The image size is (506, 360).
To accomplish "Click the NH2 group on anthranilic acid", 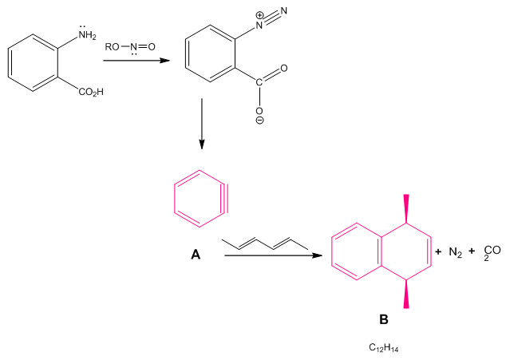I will click(86, 34).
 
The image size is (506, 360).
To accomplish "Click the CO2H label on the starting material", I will click(90, 93).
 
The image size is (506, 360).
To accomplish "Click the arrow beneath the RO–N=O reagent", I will click(135, 60).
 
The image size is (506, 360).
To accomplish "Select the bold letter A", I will click(196, 255).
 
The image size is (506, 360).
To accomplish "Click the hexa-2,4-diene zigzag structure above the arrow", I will click(264, 243).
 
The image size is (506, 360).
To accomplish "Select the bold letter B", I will click(384, 319).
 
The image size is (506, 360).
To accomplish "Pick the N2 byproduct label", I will click(456, 252).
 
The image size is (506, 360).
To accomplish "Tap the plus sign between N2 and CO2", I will click(472, 251).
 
